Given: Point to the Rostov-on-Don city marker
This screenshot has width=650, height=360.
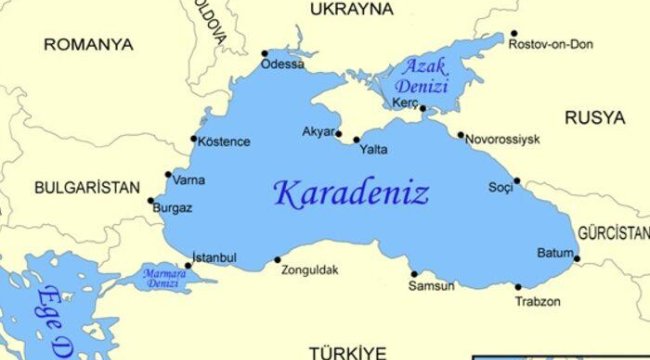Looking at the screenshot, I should tap(514, 33).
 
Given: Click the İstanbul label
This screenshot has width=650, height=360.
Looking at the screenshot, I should tap(214, 258).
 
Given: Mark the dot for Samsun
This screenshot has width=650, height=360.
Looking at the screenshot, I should tap(414, 274).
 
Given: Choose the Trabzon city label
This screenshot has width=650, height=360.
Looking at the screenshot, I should tap(537, 301).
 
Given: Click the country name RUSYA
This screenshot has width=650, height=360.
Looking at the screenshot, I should tap(595, 118).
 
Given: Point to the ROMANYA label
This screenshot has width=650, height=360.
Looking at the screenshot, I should tap(88, 45).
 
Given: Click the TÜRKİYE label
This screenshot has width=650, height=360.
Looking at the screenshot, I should tap(347, 352).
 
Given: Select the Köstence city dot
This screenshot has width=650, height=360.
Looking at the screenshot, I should tap(194, 140).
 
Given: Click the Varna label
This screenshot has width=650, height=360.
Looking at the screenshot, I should tap(189, 181).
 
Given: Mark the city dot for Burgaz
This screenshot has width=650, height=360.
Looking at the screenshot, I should tap(151, 201).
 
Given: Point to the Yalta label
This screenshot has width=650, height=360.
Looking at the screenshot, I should tap(373, 150).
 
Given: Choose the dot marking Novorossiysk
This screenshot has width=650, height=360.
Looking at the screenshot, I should tap(461, 135).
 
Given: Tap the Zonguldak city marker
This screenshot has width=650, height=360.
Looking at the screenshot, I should tap(278, 260).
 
